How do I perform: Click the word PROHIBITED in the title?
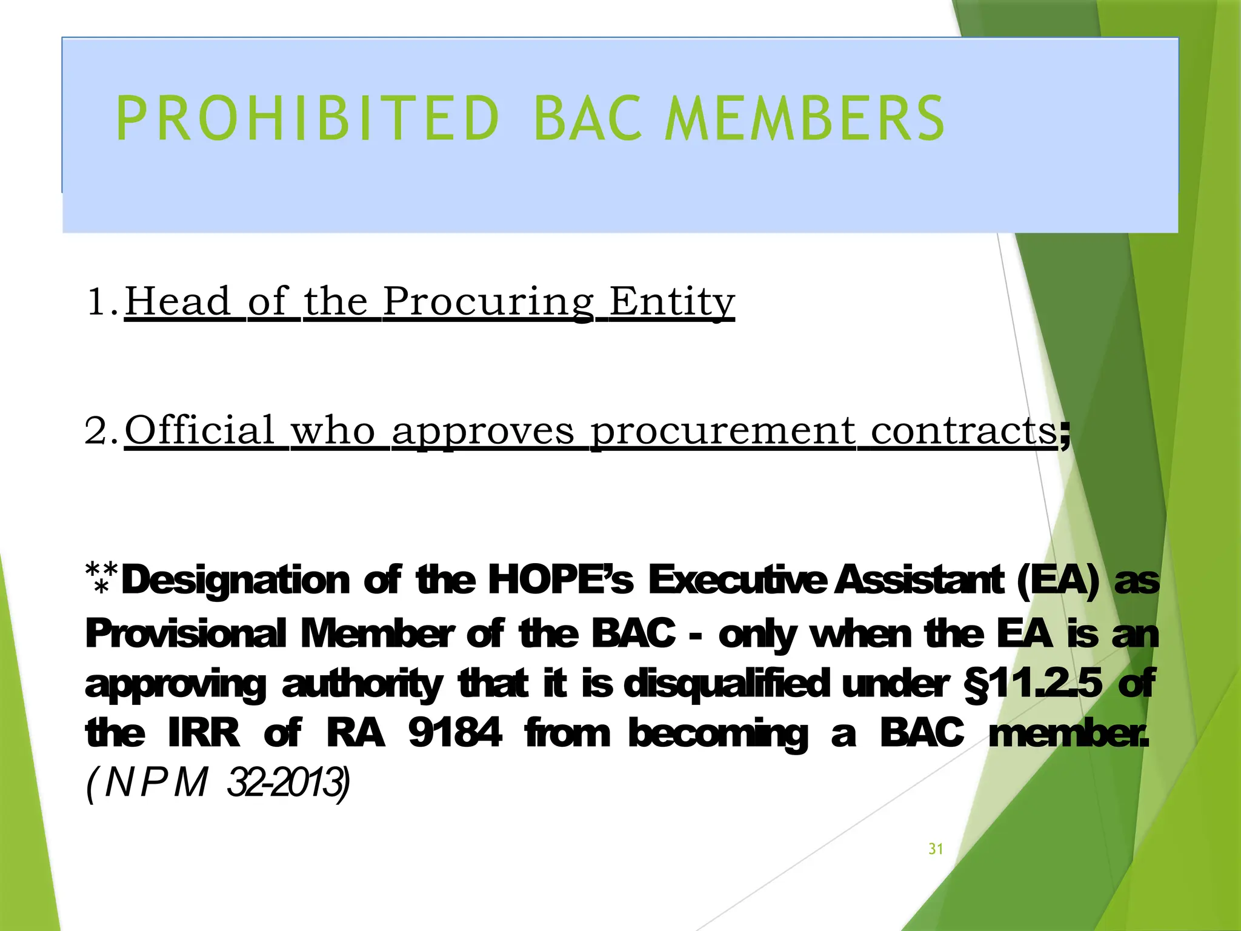click(308, 119)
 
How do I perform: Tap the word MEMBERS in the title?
click(804, 119)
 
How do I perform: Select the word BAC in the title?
click(587, 119)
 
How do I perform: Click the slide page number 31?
click(936, 849)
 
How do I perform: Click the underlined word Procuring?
click(488, 302)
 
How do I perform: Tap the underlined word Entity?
click(671, 302)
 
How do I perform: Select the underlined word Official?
click(200, 430)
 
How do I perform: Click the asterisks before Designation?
click(102, 577)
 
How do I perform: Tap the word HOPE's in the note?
click(561, 579)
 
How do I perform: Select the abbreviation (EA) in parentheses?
click(1057, 579)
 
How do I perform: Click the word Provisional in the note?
click(185, 634)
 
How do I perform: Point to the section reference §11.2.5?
click(1033, 684)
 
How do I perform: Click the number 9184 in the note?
click(455, 733)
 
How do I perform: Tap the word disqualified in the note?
click(726, 684)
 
